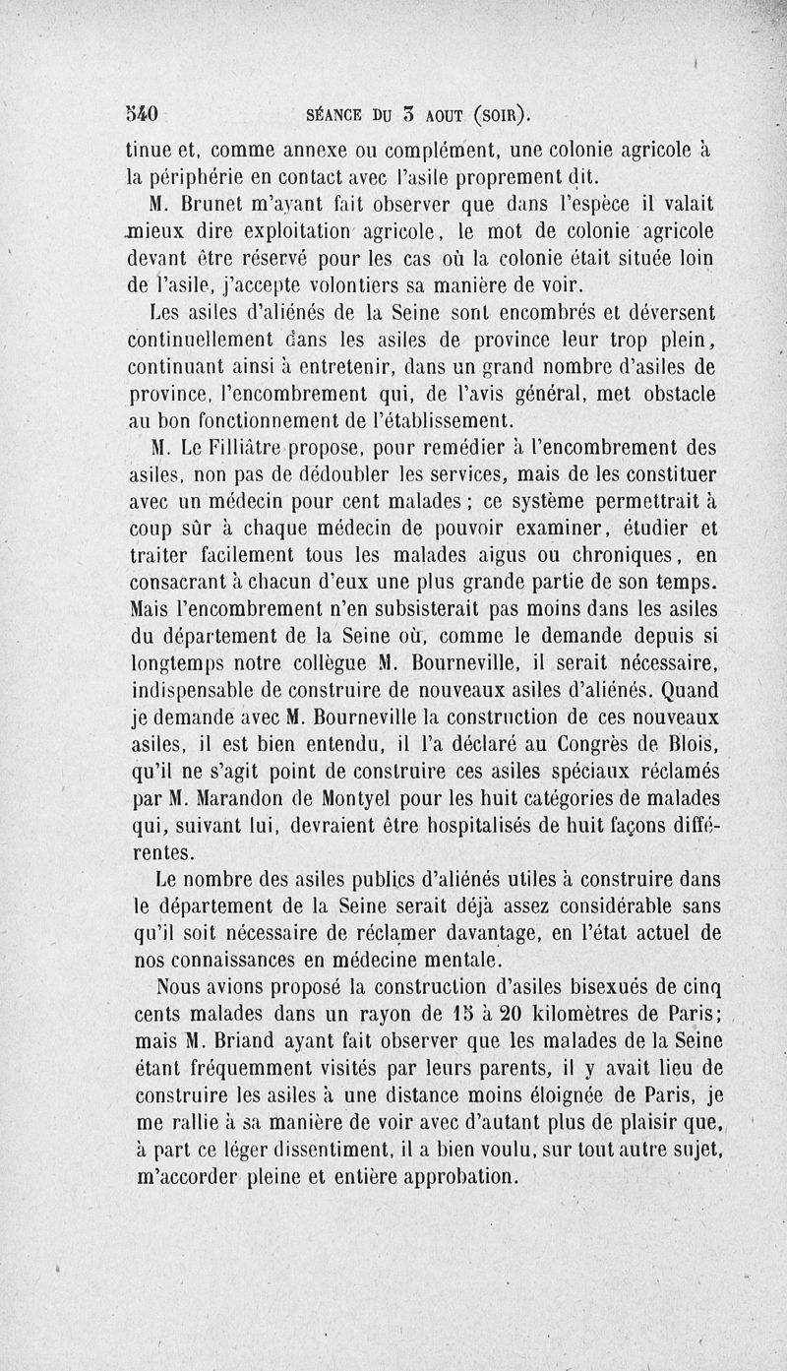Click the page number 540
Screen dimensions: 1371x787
(x=145, y=112)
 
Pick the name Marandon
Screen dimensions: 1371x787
(x=245, y=796)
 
